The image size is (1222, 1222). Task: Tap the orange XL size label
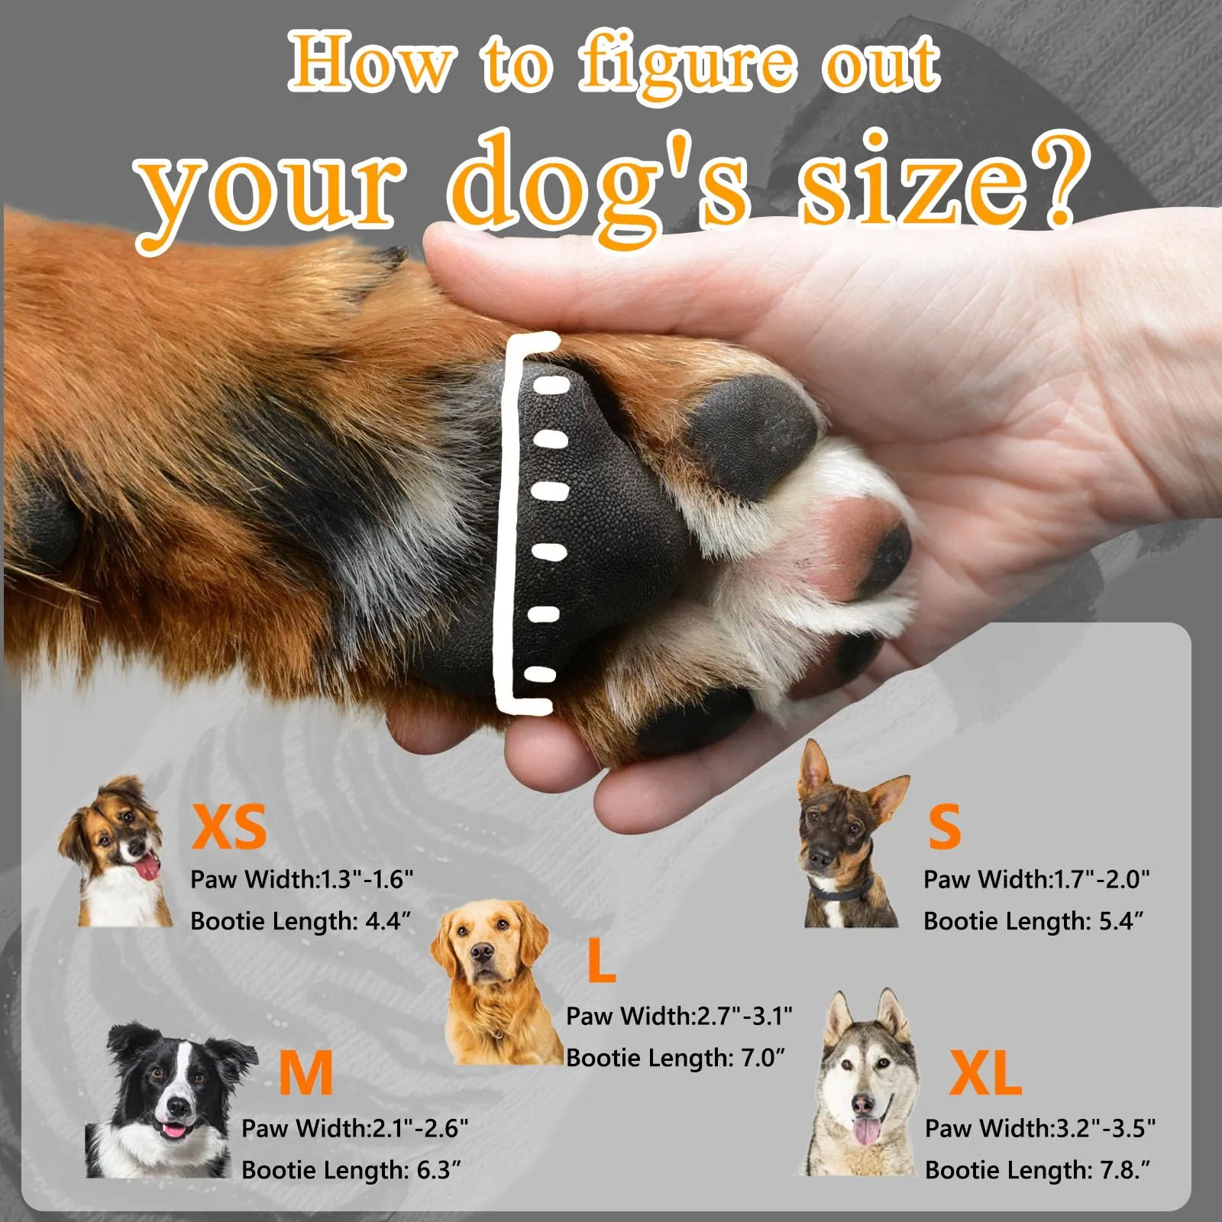tap(985, 1072)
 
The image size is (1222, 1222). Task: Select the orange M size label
tap(305, 1072)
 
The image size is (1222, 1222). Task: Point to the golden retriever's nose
tap(482, 952)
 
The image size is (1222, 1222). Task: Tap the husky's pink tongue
tap(866, 1131)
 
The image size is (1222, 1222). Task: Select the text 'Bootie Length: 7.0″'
tap(675, 1058)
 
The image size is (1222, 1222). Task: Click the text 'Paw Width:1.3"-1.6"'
tap(302, 879)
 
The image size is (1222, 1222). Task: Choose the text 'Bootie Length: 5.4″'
tap(1033, 921)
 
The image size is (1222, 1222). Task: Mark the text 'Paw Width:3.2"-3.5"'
tap(1040, 1127)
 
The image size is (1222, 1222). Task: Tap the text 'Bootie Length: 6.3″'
tap(351, 1169)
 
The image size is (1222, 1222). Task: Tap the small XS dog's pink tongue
tap(146, 868)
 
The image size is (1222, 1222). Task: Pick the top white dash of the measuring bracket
tap(551, 383)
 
